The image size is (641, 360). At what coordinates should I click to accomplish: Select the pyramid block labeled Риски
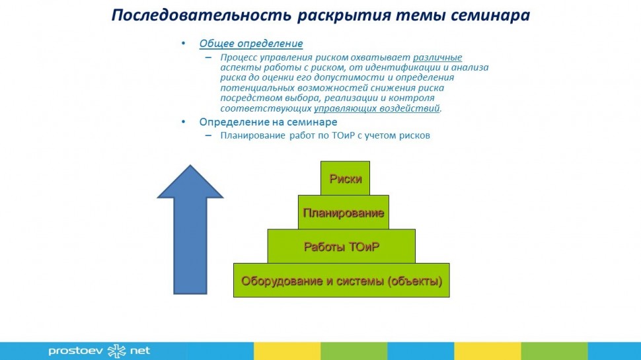(x=345, y=178)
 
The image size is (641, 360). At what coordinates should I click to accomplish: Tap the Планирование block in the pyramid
(x=343, y=213)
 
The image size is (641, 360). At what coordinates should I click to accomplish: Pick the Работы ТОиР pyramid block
(x=341, y=246)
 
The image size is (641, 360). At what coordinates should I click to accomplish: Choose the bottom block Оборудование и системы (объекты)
(x=341, y=280)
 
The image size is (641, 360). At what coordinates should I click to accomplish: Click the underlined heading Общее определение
(x=251, y=44)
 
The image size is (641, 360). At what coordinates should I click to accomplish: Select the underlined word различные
(x=437, y=57)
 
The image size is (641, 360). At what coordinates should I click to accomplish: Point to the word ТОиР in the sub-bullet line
(x=358, y=136)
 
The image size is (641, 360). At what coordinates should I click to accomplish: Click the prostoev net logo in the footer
(x=99, y=351)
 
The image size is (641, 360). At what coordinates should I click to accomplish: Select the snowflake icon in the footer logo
(x=116, y=351)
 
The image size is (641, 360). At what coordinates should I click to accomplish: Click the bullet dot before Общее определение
(x=184, y=44)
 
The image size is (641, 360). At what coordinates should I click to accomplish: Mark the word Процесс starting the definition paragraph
(x=239, y=57)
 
